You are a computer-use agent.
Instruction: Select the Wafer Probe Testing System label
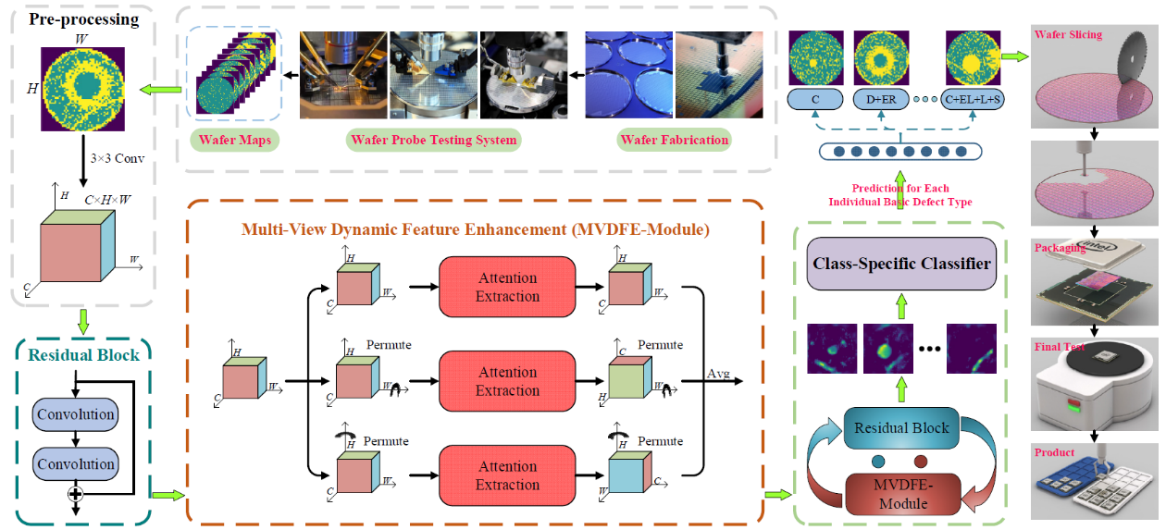tap(434, 141)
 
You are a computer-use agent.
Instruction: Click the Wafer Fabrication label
tap(674, 141)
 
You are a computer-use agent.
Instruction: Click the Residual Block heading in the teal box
tap(84, 354)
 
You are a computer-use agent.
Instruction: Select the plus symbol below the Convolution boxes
tap(76, 495)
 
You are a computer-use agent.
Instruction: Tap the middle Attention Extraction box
tap(507, 381)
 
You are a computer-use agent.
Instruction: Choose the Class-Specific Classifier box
tap(901, 264)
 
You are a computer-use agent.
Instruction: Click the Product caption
tap(1056, 452)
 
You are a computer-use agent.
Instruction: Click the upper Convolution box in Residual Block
tap(76, 414)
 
